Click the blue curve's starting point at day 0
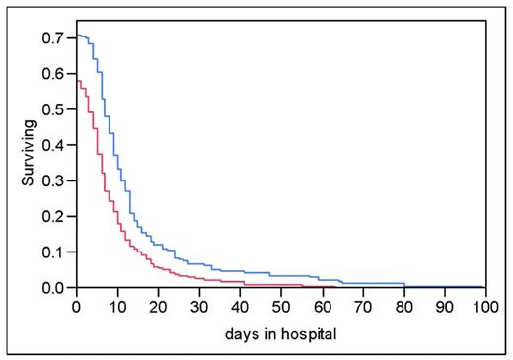coord(77,36)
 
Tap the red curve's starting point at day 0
coord(77,80)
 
